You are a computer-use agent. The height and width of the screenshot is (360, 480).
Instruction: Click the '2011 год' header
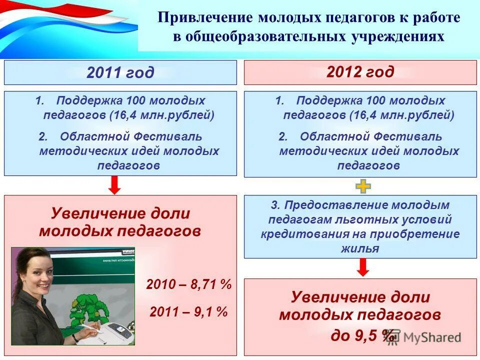tap(120, 73)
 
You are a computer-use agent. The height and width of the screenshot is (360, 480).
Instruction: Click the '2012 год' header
tap(360, 72)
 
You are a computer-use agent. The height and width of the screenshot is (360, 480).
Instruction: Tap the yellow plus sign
tap(363, 187)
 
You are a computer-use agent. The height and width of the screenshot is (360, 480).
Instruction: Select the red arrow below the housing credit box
tap(363, 267)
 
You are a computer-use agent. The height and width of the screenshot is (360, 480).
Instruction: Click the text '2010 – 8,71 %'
tap(189, 285)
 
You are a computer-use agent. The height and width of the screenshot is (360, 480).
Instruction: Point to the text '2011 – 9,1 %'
tap(189, 312)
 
